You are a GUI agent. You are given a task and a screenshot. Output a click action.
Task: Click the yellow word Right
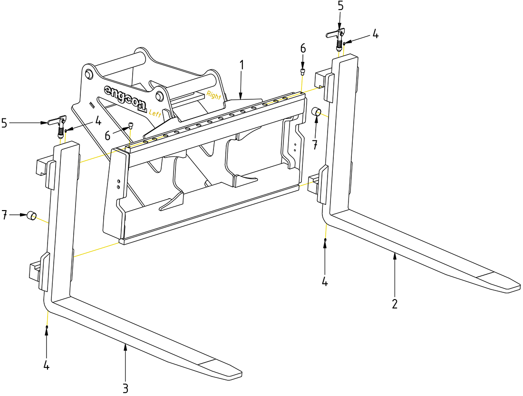(x=214, y=95)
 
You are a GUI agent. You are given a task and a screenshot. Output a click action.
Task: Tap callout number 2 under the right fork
(x=395, y=303)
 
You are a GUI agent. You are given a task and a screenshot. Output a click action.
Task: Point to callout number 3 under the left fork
(x=125, y=388)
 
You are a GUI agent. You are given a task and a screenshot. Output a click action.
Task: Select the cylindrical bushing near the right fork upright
(x=317, y=112)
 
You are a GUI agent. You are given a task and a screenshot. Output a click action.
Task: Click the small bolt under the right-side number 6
(x=302, y=71)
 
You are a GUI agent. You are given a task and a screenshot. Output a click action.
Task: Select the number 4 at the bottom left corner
(x=47, y=366)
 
